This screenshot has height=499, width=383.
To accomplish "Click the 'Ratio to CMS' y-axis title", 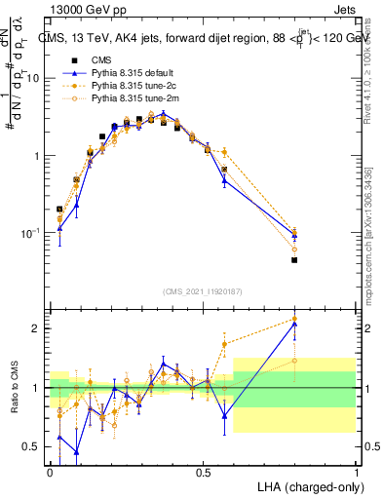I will [13, 388].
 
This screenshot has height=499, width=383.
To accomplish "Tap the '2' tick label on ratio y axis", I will [37, 328].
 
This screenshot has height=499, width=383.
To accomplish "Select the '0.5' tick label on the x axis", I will [204, 471].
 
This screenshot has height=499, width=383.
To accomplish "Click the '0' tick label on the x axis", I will [50, 471].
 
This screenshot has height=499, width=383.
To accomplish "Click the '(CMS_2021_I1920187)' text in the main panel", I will [203, 291].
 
